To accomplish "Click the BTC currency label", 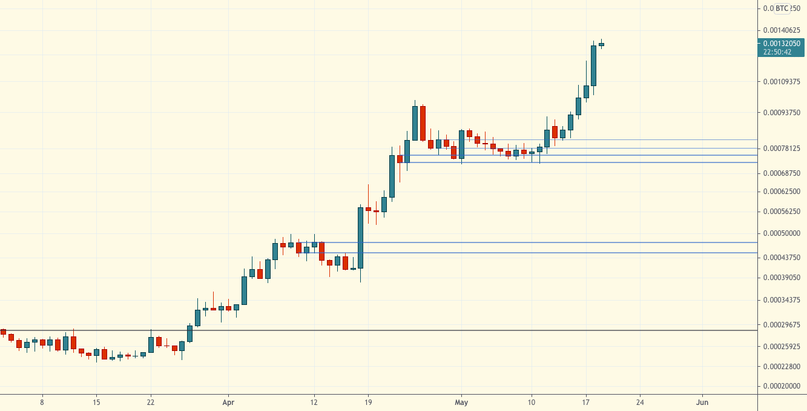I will click(x=782, y=8).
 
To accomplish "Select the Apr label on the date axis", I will click(x=228, y=402).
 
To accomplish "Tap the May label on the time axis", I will click(x=461, y=402).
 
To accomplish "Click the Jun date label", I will click(x=702, y=402).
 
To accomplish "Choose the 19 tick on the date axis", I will click(x=368, y=402).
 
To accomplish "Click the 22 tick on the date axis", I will click(x=150, y=402).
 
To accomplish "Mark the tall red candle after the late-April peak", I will click(x=423, y=123).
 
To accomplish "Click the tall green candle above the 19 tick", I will click(x=361, y=238).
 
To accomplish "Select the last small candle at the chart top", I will click(x=601, y=44).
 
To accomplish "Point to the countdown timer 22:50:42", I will click(x=777, y=52).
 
